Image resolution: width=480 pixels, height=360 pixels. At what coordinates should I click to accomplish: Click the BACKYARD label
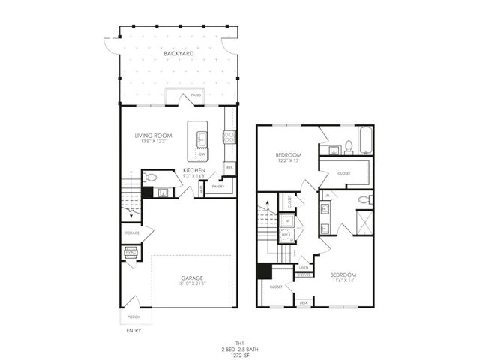179,54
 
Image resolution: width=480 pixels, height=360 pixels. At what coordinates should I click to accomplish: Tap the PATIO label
196,95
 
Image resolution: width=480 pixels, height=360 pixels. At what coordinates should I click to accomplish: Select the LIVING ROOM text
153,136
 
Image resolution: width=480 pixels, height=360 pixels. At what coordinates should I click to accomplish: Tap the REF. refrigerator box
229,168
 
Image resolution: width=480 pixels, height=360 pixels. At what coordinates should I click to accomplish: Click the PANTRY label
218,186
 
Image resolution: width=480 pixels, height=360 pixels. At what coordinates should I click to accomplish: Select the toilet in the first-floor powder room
151,178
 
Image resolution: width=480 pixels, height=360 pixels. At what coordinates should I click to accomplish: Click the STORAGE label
131,233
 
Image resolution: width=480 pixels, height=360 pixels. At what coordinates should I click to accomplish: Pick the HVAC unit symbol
130,253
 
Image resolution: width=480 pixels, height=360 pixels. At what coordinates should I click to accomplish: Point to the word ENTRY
133,330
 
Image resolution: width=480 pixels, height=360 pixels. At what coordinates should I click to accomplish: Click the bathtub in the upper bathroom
365,141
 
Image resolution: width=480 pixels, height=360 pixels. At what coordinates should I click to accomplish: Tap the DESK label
304,302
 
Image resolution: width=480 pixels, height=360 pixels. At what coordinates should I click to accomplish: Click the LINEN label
304,267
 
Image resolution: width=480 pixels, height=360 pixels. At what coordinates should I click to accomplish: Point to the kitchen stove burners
230,136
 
